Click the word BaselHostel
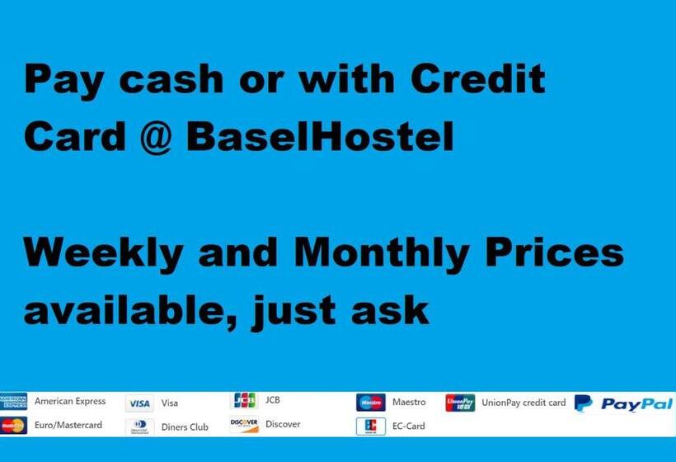(x=321, y=137)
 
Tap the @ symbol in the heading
(x=150, y=137)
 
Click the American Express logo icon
(x=14, y=402)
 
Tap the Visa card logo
(x=139, y=403)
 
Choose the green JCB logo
(x=243, y=401)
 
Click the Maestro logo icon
(x=371, y=403)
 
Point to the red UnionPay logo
(x=460, y=403)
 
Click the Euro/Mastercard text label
(x=68, y=425)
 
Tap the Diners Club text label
(x=185, y=427)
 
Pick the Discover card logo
(x=244, y=424)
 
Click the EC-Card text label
(x=409, y=427)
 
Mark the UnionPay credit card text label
(x=523, y=403)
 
